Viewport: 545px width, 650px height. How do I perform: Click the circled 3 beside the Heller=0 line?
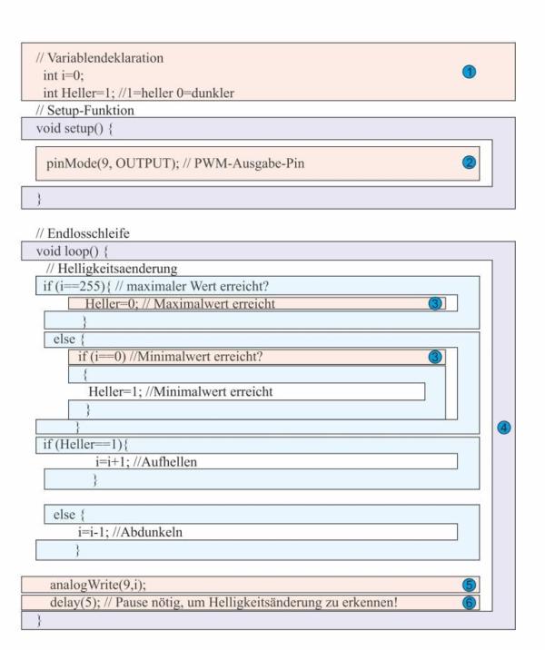(436, 303)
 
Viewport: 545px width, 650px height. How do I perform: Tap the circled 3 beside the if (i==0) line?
(436, 357)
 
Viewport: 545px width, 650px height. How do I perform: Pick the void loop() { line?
(66, 250)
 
